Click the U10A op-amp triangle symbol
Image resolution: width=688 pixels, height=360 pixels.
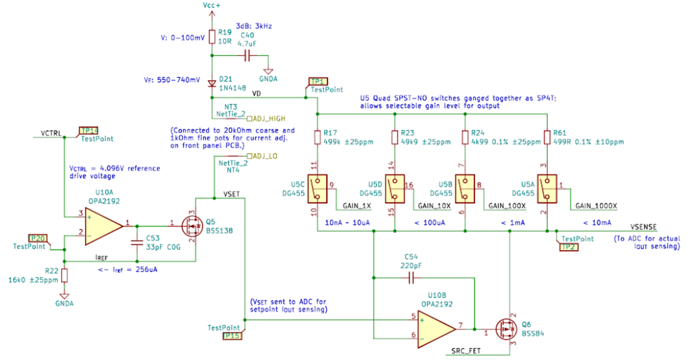(103, 226)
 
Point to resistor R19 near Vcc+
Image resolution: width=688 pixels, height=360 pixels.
(212, 36)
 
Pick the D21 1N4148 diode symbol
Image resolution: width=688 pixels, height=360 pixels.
(212, 84)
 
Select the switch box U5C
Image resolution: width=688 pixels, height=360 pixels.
(317, 188)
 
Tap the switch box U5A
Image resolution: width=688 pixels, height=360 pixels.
(546, 188)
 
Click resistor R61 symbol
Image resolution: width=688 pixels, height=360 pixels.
(547, 138)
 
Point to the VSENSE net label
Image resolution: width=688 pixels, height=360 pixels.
(643, 227)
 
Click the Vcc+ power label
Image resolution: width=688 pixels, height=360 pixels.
(212, 6)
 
